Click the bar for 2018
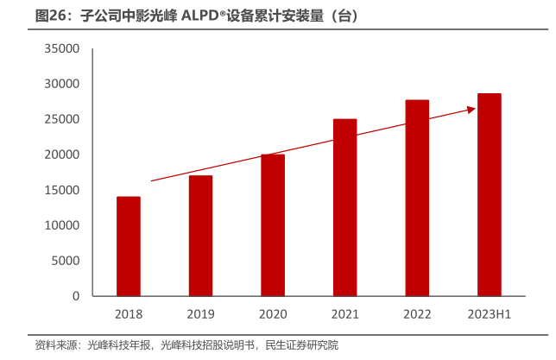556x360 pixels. pos(129,246)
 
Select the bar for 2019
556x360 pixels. pos(200,236)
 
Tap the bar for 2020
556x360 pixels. pos(273,224)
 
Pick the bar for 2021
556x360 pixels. pos(344,207)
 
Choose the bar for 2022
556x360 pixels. pos(417,198)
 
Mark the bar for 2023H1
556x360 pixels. pos(489,194)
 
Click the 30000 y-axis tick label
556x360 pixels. pos(62,85)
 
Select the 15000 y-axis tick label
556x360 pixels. pos(62,190)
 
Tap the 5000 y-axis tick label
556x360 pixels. pos(66,261)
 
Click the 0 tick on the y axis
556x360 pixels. pos(76,296)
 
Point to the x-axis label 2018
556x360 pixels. pos(129,314)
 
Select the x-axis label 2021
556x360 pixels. pos(344,314)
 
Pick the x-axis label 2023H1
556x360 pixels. pos(489,314)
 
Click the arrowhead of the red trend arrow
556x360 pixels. pos(471,109)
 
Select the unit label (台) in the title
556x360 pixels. pos(344,16)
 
